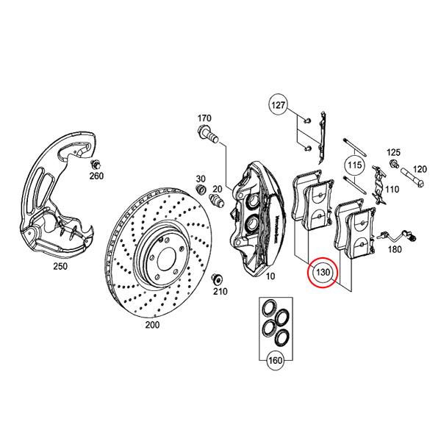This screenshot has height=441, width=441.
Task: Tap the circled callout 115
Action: [355, 166]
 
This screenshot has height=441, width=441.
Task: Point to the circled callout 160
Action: [275, 360]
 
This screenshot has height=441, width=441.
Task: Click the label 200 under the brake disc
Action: [152, 325]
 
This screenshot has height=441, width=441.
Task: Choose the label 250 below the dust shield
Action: [60, 266]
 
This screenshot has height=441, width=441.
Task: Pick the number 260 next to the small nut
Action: [97, 176]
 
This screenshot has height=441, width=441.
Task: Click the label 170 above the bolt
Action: [204, 118]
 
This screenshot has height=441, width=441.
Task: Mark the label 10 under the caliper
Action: [270, 276]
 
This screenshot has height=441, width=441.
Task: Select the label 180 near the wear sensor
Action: [395, 249]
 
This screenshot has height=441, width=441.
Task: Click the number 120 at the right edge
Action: [420, 168]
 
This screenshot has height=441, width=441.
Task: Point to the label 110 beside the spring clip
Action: [392, 190]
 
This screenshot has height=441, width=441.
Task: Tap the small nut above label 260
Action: [96, 163]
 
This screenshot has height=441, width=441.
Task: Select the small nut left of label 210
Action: [218, 279]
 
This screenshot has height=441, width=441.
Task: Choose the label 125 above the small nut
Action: [393, 151]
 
